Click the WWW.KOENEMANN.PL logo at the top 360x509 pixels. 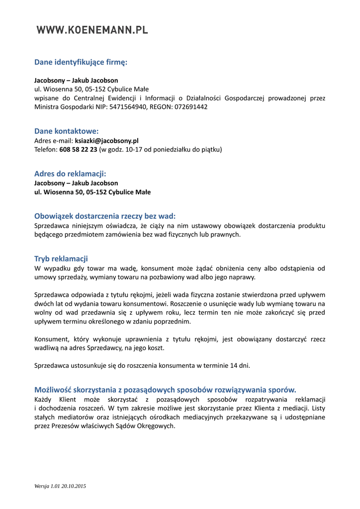[92, 30]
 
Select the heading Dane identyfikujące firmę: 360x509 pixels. [81, 62]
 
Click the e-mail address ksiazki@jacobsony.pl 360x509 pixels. [106, 141]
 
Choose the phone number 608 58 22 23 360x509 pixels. [78, 149]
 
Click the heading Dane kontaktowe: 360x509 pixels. [66, 131]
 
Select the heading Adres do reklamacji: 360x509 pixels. [70, 173]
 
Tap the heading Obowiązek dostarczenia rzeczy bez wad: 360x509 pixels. [105, 216]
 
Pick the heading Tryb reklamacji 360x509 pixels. [61, 258]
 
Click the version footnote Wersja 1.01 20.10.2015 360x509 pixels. [60, 486]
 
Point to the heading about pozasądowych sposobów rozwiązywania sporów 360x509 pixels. [165, 390]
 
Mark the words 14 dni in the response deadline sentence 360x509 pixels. [240, 366]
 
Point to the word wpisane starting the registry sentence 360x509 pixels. [46, 98]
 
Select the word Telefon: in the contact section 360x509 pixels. [46, 149]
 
